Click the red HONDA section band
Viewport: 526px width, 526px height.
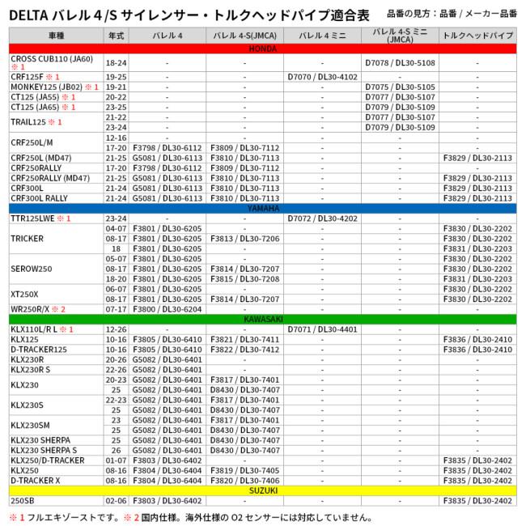(262, 49)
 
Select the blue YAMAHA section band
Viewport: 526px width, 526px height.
(262, 208)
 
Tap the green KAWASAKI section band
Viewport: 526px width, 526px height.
(262, 319)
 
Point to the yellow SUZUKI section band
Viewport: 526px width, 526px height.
(262, 490)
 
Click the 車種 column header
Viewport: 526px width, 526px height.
(56, 36)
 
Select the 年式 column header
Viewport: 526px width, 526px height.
(116, 36)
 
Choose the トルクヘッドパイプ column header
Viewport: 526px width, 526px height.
(477, 36)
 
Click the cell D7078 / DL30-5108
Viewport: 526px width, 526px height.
(400, 62)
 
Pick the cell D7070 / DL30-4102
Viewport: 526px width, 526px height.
(322, 77)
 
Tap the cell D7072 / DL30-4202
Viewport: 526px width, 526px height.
(322, 218)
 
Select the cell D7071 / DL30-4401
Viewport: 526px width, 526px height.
(322, 329)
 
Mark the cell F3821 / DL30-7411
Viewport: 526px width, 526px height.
(244, 339)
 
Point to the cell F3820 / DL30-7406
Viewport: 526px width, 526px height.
(244, 480)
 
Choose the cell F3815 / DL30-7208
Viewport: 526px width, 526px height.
(244, 278)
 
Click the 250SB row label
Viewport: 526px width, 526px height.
(23, 500)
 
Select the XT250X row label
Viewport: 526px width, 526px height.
(24, 294)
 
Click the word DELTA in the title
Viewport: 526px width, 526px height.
(30, 15)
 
